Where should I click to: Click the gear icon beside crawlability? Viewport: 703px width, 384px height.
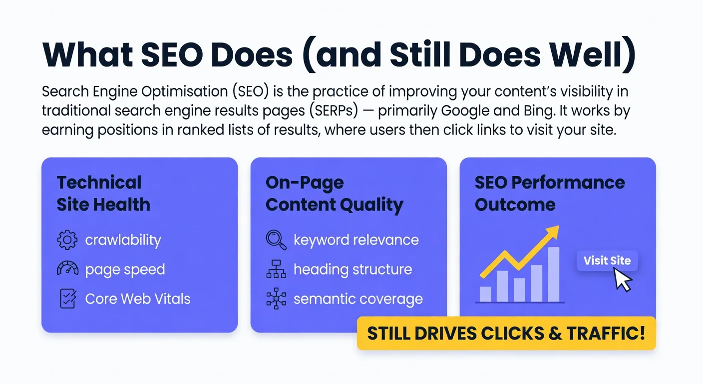click(67, 240)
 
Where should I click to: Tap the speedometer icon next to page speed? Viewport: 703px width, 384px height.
click(67, 269)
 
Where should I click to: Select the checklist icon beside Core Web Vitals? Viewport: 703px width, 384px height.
click(67, 298)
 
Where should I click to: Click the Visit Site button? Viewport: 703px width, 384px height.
click(607, 260)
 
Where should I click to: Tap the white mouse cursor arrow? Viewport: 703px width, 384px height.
click(622, 279)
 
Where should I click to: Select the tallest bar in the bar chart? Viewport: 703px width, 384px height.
click(553, 274)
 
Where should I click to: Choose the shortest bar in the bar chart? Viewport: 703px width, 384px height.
click(485, 293)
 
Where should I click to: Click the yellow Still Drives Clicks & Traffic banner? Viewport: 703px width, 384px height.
click(506, 333)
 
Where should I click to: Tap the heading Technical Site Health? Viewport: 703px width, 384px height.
click(103, 193)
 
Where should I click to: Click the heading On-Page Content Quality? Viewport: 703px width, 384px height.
click(334, 193)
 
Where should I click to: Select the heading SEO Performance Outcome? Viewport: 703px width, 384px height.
click(549, 193)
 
